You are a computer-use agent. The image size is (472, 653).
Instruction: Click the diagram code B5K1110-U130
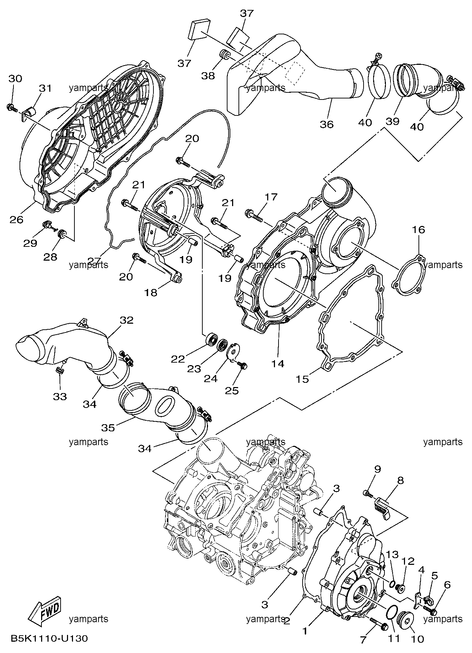click(x=49, y=638)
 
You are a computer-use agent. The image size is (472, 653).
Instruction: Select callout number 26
click(x=17, y=220)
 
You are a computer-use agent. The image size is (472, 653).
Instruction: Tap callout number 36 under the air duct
click(x=327, y=124)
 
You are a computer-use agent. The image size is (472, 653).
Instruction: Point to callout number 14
click(x=278, y=363)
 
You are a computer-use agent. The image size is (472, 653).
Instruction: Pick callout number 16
click(x=418, y=230)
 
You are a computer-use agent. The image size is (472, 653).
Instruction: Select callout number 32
click(x=127, y=320)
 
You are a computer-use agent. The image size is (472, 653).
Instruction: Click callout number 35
click(x=108, y=428)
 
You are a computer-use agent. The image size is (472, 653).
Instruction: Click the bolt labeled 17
click(x=254, y=215)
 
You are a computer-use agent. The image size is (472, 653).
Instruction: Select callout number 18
click(x=151, y=293)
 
